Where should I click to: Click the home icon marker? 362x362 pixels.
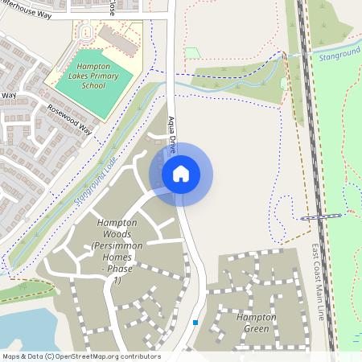pyautogui.click(x=181, y=174)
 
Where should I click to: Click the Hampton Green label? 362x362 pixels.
pyautogui.click(x=255, y=323)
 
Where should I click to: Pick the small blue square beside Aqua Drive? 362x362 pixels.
pyautogui.click(x=195, y=323)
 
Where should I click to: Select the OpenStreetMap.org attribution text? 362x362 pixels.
pyautogui.click(x=80, y=356)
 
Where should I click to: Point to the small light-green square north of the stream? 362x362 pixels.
pyautogui.click(x=191, y=53)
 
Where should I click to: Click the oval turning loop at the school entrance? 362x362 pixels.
pyautogui.click(x=85, y=32)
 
